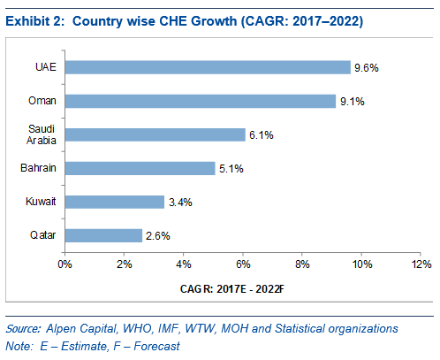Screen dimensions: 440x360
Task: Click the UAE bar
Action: tap(208, 67)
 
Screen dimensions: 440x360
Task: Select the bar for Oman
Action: tap(201, 101)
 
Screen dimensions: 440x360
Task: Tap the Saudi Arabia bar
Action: tap(156, 134)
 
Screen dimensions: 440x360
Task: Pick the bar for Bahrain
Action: tap(140, 168)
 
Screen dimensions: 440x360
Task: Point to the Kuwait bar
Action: tap(115, 202)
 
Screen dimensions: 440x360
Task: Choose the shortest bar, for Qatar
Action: tap(103, 235)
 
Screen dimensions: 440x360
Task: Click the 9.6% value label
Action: tap(367, 68)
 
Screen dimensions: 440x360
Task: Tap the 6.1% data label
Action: tap(262, 135)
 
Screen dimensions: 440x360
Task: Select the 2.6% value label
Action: tap(158, 236)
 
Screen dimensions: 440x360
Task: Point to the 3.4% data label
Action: tap(180, 203)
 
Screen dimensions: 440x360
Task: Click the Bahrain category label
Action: tap(38, 168)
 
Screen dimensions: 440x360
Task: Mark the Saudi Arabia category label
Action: tap(42, 134)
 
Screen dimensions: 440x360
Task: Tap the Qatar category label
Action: tap(43, 235)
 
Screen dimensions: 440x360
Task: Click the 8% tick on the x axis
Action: tap(302, 264)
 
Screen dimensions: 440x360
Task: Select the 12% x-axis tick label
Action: tap(421, 264)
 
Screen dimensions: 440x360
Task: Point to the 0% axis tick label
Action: tap(64, 264)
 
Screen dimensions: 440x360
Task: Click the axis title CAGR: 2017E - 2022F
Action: tap(232, 289)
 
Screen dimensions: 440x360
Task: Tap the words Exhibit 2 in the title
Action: tap(34, 21)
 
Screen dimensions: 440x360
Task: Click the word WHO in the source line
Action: tap(138, 328)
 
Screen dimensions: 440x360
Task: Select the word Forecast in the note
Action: tap(156, 346)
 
